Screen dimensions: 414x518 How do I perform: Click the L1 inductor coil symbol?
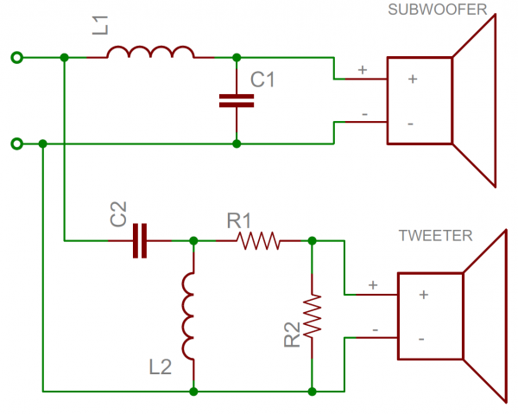[151, 54]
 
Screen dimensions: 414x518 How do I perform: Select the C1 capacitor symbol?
[237, 100]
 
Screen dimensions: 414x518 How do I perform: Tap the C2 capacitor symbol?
[140, 240]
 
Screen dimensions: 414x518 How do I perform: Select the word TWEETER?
[435, 235]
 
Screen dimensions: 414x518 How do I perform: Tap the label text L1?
[101, 24]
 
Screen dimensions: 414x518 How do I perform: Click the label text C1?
[262, 80]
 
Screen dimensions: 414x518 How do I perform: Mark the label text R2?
[291, 337]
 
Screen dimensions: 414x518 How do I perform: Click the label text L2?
[161, 366]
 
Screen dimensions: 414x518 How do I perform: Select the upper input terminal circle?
[15, 58]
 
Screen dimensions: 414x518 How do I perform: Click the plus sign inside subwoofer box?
[412, 80]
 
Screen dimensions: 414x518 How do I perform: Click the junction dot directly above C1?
[237, 58]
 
